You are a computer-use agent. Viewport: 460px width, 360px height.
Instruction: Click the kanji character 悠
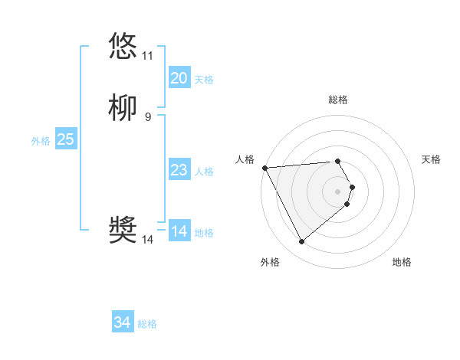[x=123, y=46]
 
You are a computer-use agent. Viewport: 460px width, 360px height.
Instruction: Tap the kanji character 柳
[x=123, y=107]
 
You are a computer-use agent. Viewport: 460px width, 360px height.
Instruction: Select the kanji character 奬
[x=123, y=230]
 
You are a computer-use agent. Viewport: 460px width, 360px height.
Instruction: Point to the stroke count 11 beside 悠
[x=147, y=56]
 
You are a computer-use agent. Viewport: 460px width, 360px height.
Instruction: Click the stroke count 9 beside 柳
[x=147, y=117]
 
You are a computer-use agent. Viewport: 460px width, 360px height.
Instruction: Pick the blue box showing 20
[x=179, y=78]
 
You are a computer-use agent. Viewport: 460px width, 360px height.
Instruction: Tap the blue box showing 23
[x=179, y=170]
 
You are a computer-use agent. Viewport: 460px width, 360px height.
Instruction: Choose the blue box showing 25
[x=66, y=139]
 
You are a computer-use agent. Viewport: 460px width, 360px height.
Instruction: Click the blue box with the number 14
[x=179, y=231]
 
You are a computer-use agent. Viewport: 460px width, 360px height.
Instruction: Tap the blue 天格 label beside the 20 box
[x=204, y=80]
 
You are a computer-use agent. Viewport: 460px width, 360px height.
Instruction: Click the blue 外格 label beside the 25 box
[x=41, y=141]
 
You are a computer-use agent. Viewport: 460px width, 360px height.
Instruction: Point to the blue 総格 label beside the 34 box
[x=147, y=324]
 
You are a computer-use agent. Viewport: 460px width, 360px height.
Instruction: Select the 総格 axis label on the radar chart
[x=338, y=100]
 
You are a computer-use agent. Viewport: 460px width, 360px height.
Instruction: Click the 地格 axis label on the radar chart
[x=402, y=262]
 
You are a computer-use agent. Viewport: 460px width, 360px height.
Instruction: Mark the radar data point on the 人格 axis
[x=264, y=168]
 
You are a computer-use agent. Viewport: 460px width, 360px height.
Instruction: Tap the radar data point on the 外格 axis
[x=301, y=242]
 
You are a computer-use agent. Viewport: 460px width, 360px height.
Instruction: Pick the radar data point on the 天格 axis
[x=352, y=186]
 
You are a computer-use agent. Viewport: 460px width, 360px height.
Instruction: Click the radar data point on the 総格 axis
[x=338, y=161]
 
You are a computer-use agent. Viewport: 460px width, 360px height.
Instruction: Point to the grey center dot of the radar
[x=338, y=191]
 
